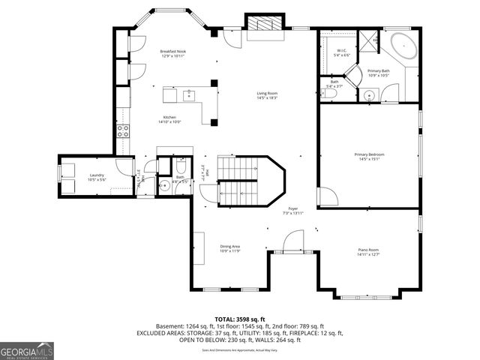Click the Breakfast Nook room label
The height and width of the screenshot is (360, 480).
(x=173, y=53)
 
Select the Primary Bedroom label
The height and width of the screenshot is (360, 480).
(x=368, y=156)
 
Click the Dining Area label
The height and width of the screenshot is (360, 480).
(x=229, y=248)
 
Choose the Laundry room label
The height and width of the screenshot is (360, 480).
(x=95, y=176)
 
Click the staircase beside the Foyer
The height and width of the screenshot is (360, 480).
(x=238, y=181)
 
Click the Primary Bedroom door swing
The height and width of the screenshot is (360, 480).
(x=325, y=196)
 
